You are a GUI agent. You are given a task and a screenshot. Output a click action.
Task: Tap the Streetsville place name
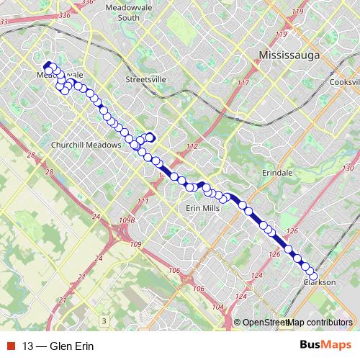145,79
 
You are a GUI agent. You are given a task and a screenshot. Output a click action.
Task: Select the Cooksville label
344,82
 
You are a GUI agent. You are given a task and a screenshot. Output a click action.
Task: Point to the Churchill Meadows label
81,145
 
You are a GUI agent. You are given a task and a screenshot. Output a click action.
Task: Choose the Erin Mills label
202,207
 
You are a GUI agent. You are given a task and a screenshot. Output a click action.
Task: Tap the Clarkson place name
320,282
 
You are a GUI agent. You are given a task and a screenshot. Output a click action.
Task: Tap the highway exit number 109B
127,220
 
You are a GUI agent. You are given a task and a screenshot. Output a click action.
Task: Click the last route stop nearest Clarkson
313,276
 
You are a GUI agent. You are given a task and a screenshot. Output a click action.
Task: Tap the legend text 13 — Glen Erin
58,346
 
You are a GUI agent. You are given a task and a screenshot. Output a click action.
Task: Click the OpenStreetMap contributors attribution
297,323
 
